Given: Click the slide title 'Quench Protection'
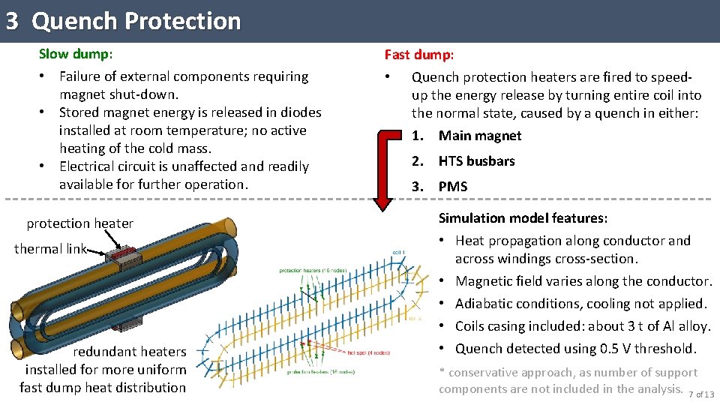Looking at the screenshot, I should [x=136, y=21].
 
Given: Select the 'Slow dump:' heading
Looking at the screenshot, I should [x=76, y=54].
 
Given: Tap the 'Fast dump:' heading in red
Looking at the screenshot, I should [x=419, y=55].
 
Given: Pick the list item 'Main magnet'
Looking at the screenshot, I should [x=479, y=136].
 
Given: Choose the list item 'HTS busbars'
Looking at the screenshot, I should [x=476, y=161].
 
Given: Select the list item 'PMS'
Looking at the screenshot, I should [x=453, y=187].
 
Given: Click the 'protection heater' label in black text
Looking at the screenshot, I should [x=79, y=223].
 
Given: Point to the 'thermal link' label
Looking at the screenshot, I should [x=50, y=249].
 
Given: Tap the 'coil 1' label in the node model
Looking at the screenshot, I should [x=398, y=252].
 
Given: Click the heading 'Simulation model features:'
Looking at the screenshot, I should [x=523, y=218].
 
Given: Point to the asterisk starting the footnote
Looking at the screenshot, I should [x=442, y=373].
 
